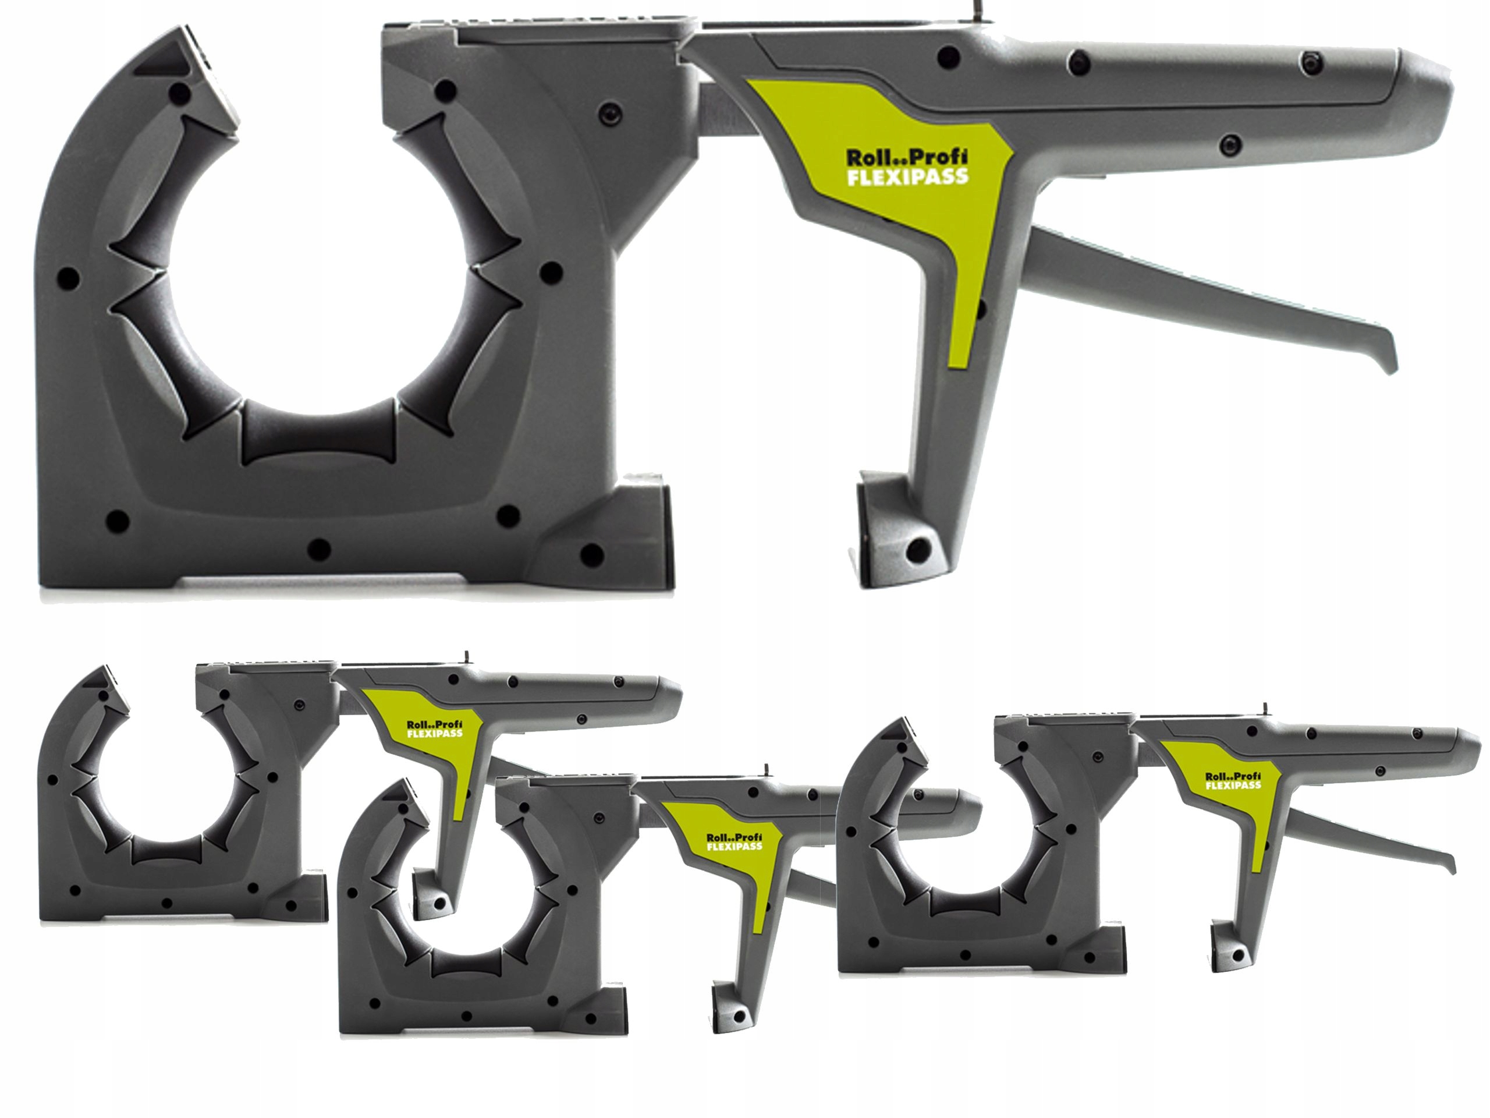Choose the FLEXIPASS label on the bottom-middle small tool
click(736, 845)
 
